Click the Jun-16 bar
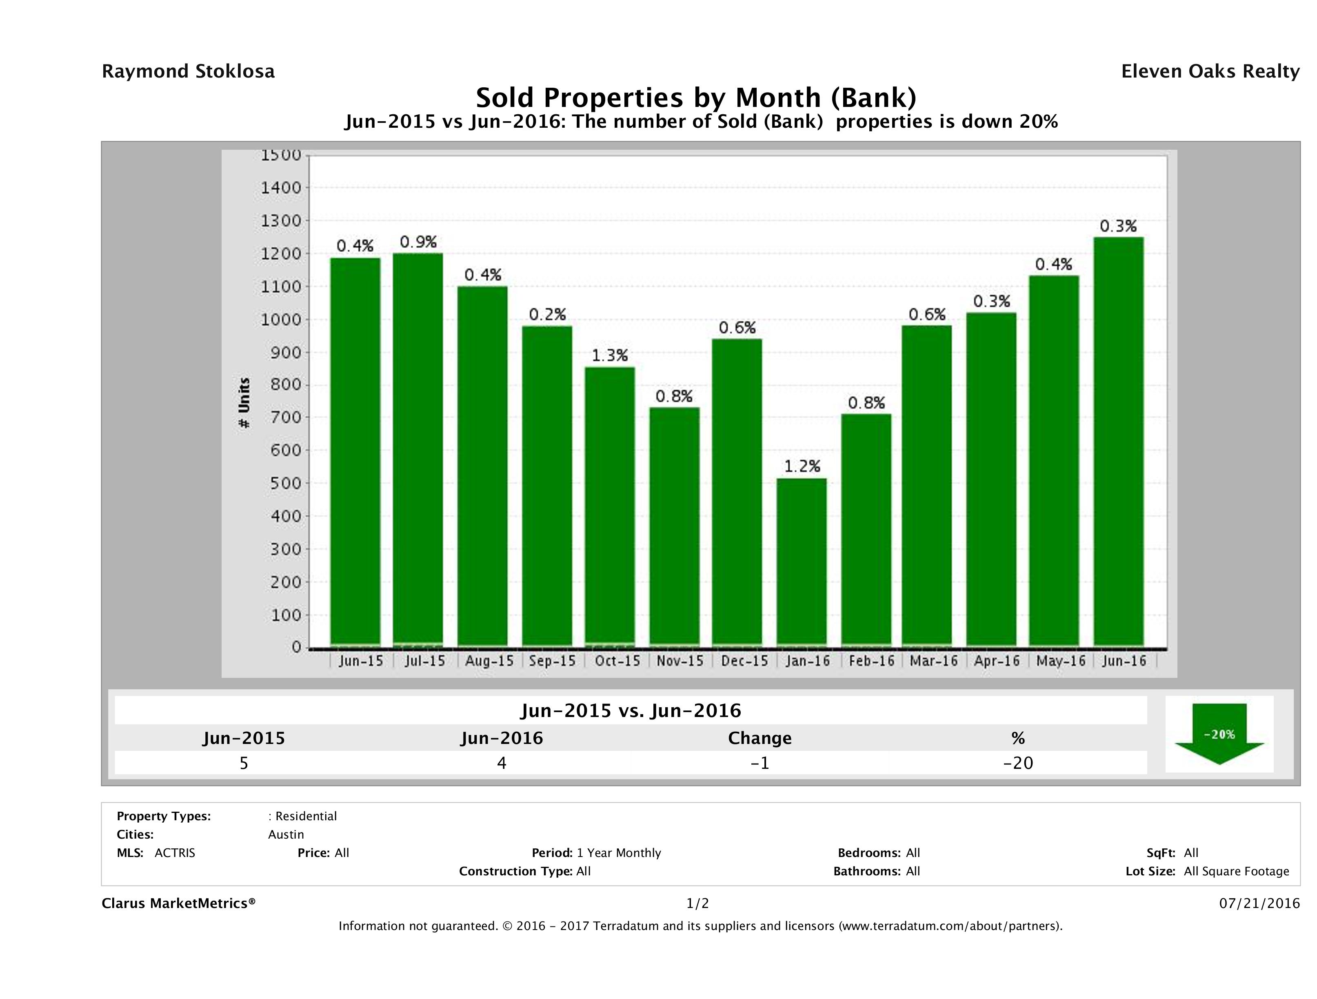(x=1118, y=441)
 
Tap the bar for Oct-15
(x=610, y=506)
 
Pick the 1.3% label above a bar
(x=610, y=355)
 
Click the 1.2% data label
(x=802, y=466)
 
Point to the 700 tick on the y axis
(x=286, y=417)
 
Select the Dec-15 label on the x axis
(x=744, y=661)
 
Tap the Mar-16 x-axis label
(x=933, y=661)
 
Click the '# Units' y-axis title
(x=244, y=403)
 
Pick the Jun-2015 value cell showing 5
(x=244, y=763)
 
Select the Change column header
(x=760, y=738)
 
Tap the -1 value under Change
(x=760, y=763)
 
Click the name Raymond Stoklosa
(x=188, y=71)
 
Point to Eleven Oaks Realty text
(x=1210, y=71)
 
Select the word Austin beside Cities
(x=286, y=834)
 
